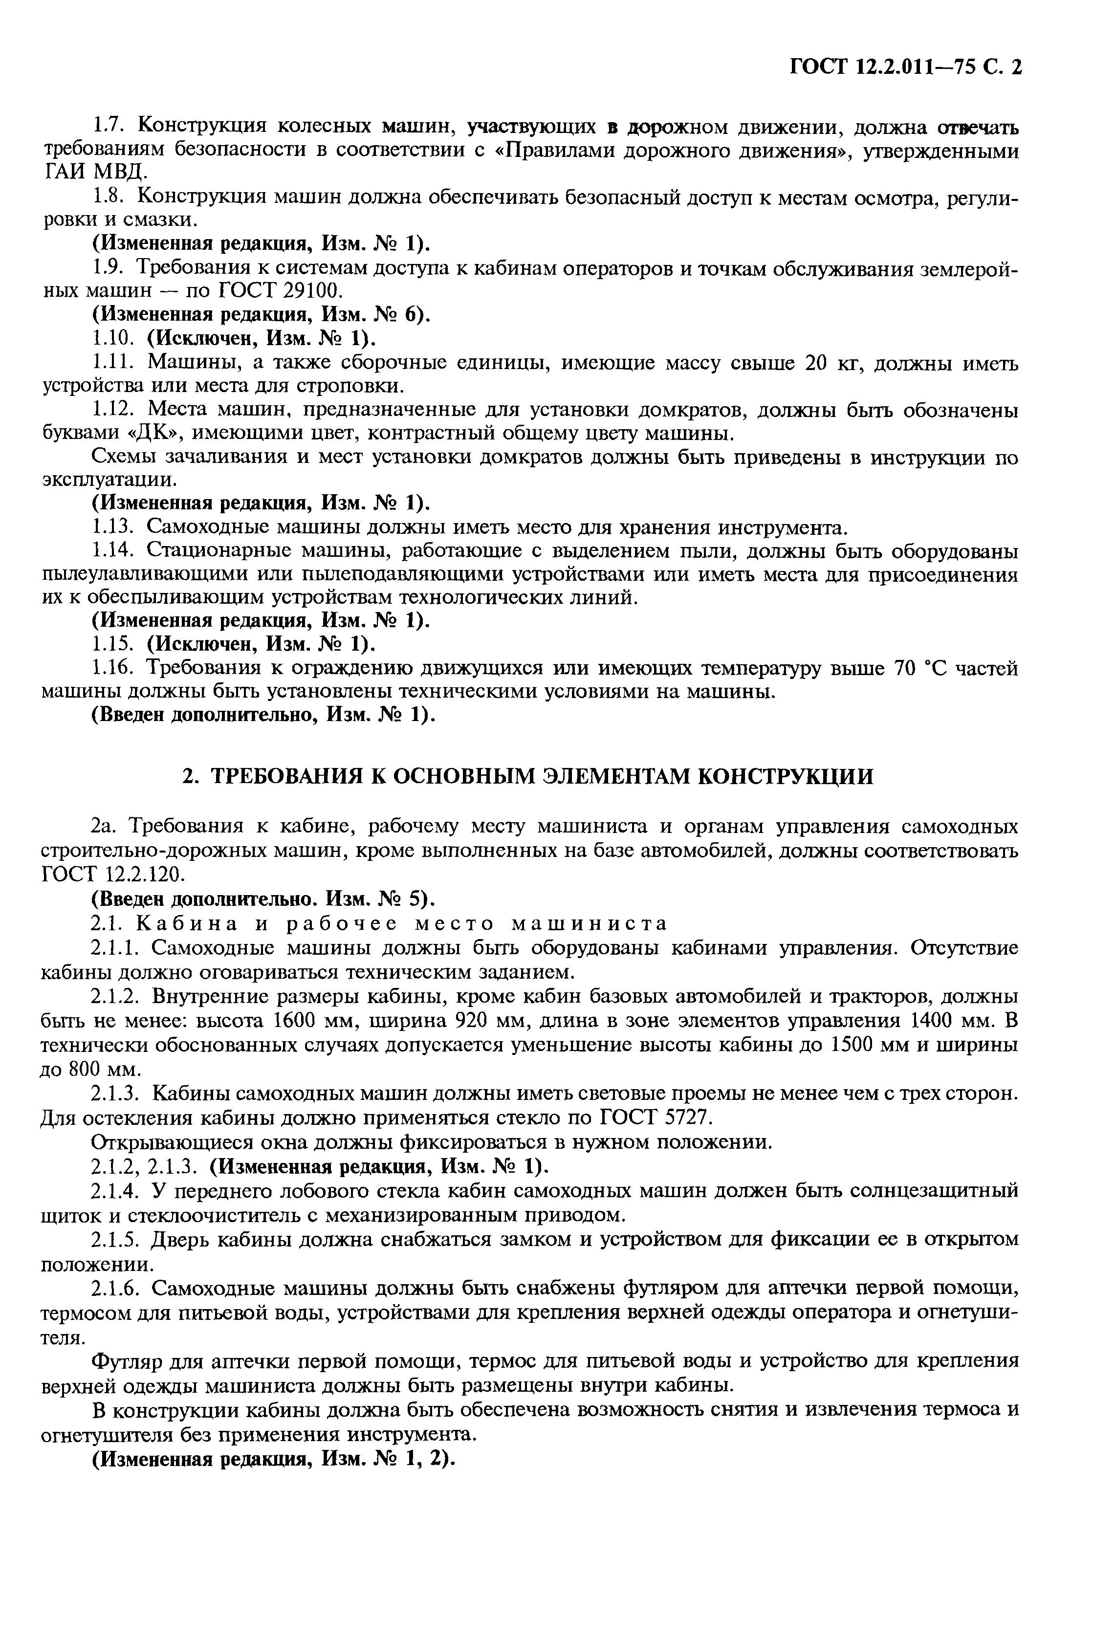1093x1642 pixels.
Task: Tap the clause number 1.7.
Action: (108, 126)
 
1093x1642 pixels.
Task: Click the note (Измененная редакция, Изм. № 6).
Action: (262, 314)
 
